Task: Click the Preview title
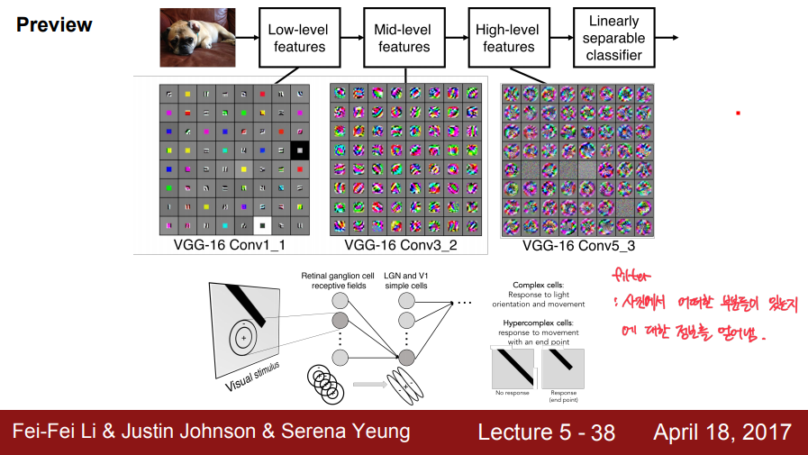pos(54,24)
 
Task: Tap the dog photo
pos(197,37)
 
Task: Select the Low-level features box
pos(298,38)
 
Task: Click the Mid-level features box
pos(404,38)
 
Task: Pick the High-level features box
pos(508,38)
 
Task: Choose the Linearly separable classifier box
pos(614,38)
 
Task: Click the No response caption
pos(512,393)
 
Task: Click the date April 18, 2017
pos(724,432)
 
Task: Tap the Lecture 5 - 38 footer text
pos(546,432)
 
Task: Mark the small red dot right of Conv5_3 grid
pos(738,113)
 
